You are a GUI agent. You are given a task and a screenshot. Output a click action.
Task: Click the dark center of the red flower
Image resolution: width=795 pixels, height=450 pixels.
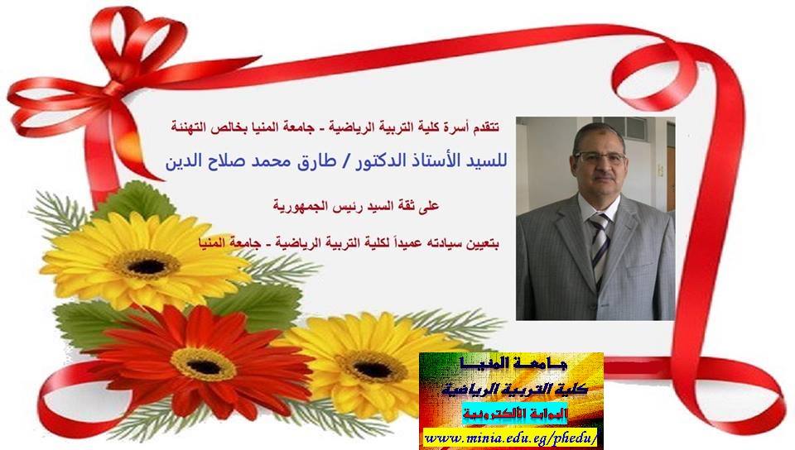204,366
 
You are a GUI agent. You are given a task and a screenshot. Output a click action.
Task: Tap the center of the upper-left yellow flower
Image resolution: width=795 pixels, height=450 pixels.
147,266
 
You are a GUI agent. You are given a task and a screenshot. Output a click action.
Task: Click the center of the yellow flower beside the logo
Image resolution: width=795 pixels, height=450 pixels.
373,369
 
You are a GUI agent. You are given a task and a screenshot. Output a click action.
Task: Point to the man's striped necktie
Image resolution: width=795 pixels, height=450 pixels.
600,248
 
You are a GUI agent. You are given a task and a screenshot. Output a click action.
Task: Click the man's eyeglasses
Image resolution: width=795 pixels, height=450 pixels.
600,157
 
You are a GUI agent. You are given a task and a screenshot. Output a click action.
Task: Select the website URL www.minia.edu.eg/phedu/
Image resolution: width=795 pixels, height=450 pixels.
511,438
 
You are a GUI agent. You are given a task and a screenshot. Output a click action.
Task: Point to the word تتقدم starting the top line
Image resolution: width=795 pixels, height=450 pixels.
485,127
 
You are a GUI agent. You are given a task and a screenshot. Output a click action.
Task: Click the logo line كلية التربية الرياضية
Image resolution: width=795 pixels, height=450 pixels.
514,390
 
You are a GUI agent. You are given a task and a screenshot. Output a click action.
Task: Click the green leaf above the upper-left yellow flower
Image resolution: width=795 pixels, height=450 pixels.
134,200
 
